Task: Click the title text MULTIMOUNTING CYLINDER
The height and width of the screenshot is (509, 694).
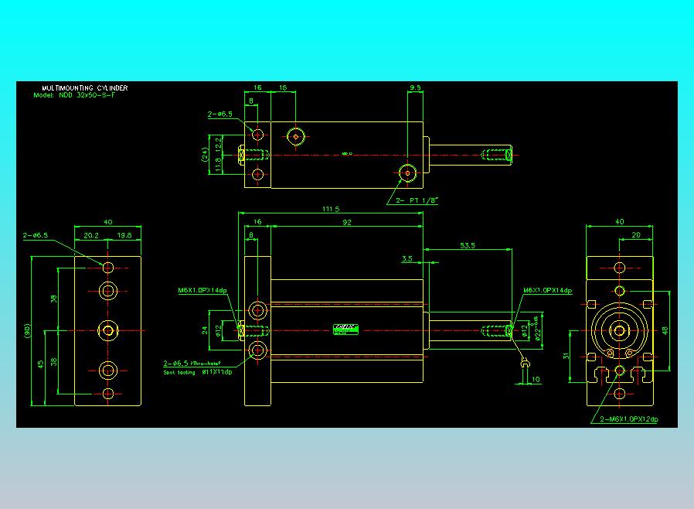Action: pyautogui.click(x=85, y=88)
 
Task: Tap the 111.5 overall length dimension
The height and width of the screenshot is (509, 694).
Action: pyautogui.click(x=331, y=209)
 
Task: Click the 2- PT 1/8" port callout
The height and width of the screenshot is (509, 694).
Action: pyautogui.click(x=417, y=200)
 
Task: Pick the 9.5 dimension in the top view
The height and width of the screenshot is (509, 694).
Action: pyautogui.click(x=415, y=88)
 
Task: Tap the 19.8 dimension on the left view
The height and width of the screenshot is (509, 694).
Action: pyautogui.click(x=124, y=236)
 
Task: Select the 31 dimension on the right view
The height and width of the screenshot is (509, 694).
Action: pyautogui.click(x=566, y=355)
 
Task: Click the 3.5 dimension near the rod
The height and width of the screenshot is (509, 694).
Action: pyautogui.click(x=407, y=259)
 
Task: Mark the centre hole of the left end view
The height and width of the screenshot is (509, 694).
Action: pyautogui.click(x=108, y=330)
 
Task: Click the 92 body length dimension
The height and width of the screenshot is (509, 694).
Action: pyautogui.click(x=346, y=222)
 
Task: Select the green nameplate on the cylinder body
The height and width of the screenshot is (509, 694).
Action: pyautogui.click(x=343, y=330)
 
